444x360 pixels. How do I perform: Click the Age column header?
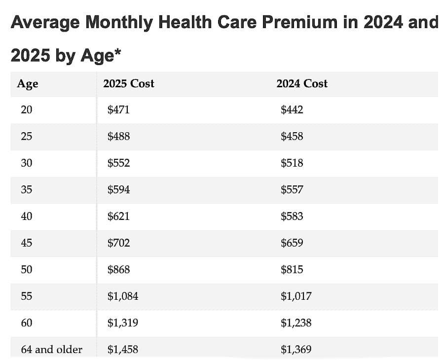[27, 84]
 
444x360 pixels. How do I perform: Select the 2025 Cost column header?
[128, 84]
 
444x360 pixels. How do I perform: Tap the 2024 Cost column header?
[301, 84]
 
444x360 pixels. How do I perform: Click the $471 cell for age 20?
[118, 110]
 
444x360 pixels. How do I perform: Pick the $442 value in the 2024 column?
[292, 110]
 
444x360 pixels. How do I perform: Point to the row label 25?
[27, 137]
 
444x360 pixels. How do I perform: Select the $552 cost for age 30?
[118, 163]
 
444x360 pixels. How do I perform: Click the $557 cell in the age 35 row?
[292, 190]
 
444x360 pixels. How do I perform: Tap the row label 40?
[27, 216]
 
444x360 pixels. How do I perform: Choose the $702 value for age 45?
[118, 243]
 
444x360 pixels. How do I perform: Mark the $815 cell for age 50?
[292, 270]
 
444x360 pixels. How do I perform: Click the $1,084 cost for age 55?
[122, 296]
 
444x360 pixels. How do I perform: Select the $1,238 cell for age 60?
[296, 323]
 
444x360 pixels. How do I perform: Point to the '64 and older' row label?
[51, 350]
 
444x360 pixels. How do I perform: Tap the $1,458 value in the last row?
[122, 350]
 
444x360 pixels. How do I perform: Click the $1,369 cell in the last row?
[296, 350]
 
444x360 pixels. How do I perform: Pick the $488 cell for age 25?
[118, 137]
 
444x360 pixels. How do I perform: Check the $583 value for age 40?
[292, 216]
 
